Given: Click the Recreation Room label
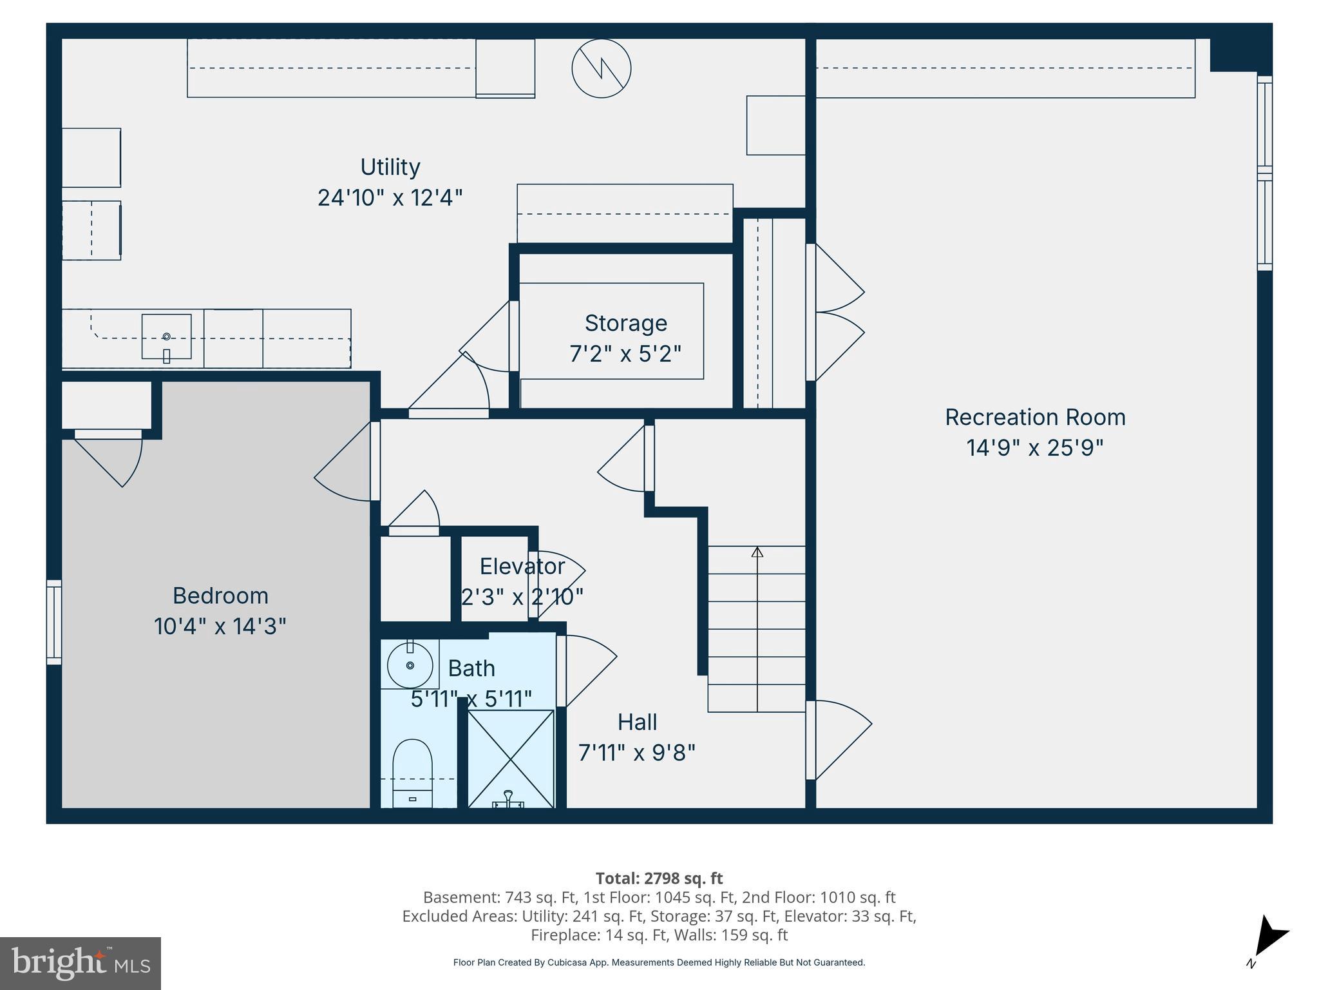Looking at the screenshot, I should tap(1035, 417).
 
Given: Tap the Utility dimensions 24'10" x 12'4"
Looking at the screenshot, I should tap(390, 197).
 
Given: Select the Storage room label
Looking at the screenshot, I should tap(625, 323).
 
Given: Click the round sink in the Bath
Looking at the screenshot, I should tap(410, 665).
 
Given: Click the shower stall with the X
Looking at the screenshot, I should tap(510, 759).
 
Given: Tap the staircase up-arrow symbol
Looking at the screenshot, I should tap(757, 552).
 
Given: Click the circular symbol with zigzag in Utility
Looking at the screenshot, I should tap(601, 68).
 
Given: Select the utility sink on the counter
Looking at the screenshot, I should tap(166, 336).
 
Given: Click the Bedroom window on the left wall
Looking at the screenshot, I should tap(54, 622).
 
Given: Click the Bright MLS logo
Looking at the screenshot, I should tap(81, 963).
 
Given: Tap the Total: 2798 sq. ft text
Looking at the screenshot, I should tap(659, 878).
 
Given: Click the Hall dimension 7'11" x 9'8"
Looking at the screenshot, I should tap(636, 752).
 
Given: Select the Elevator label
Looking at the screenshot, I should tap(522, 566).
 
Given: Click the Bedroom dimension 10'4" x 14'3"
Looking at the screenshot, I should tap(220, 626).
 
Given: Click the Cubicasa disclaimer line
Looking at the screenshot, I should tap(659, 962).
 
